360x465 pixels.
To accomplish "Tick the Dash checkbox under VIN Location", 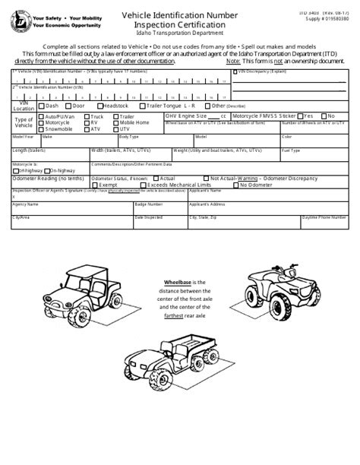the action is coord(42,106).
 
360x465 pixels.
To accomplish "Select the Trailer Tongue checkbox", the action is coord(144,106).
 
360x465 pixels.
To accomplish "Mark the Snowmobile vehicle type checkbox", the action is coord(42,128).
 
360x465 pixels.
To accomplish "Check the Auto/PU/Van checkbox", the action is coord(42,116).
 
